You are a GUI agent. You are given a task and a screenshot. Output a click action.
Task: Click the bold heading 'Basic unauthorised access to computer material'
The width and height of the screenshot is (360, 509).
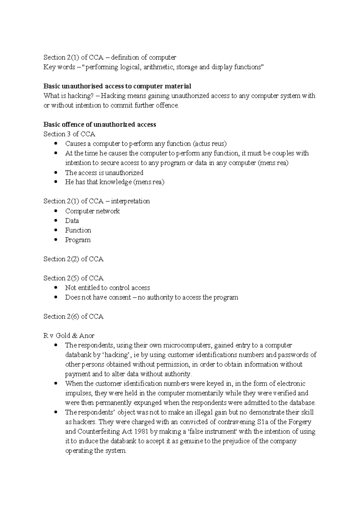pyautogui.click(x=117, y=86)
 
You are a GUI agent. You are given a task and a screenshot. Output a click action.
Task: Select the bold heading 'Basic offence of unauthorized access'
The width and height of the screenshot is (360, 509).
pyautogui.click(x=100, y=125)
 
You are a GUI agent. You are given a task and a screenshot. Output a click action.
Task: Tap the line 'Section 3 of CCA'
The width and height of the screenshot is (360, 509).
pyautogui.click(x=69, y=134)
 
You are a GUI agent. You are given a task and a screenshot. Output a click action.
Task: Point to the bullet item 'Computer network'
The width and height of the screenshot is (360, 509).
pyautogui.click(x=92, y=211)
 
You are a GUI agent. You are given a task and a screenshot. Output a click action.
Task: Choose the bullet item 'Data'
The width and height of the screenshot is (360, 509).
pyautogui.click(x=72, y=221)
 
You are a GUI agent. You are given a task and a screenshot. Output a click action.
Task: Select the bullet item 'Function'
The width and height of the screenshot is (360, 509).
pyautogui.click(x=78, y=230)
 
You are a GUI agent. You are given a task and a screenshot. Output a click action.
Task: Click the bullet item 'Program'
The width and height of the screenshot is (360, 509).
pyautogui.click(x=78, y=240)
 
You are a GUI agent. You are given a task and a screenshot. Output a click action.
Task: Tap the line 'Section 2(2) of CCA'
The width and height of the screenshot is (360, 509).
pyautogui.click(x=73, y=259)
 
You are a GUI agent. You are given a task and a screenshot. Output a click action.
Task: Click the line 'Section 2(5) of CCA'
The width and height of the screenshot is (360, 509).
pyautogui.click(x=73, y=278)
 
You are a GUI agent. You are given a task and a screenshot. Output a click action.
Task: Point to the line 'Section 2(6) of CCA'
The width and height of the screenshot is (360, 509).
pyautogui.click(x=73, y=317)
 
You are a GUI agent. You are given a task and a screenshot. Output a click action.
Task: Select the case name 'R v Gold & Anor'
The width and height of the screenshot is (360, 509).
pyautogui.click(x=69, y=336)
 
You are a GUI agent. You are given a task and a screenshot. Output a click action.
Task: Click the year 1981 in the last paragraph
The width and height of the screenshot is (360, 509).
pyautogui.click(x=150, y=432)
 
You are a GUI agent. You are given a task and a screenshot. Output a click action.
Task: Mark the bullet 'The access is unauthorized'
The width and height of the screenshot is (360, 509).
pyautogui.click(x=104, y=173)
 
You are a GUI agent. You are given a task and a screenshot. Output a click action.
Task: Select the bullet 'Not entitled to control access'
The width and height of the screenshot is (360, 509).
pyautogui.click(x=107, y=288)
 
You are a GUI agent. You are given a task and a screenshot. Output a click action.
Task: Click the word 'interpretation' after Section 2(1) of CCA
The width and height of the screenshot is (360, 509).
pyautogui.click(x=130, y=201)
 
